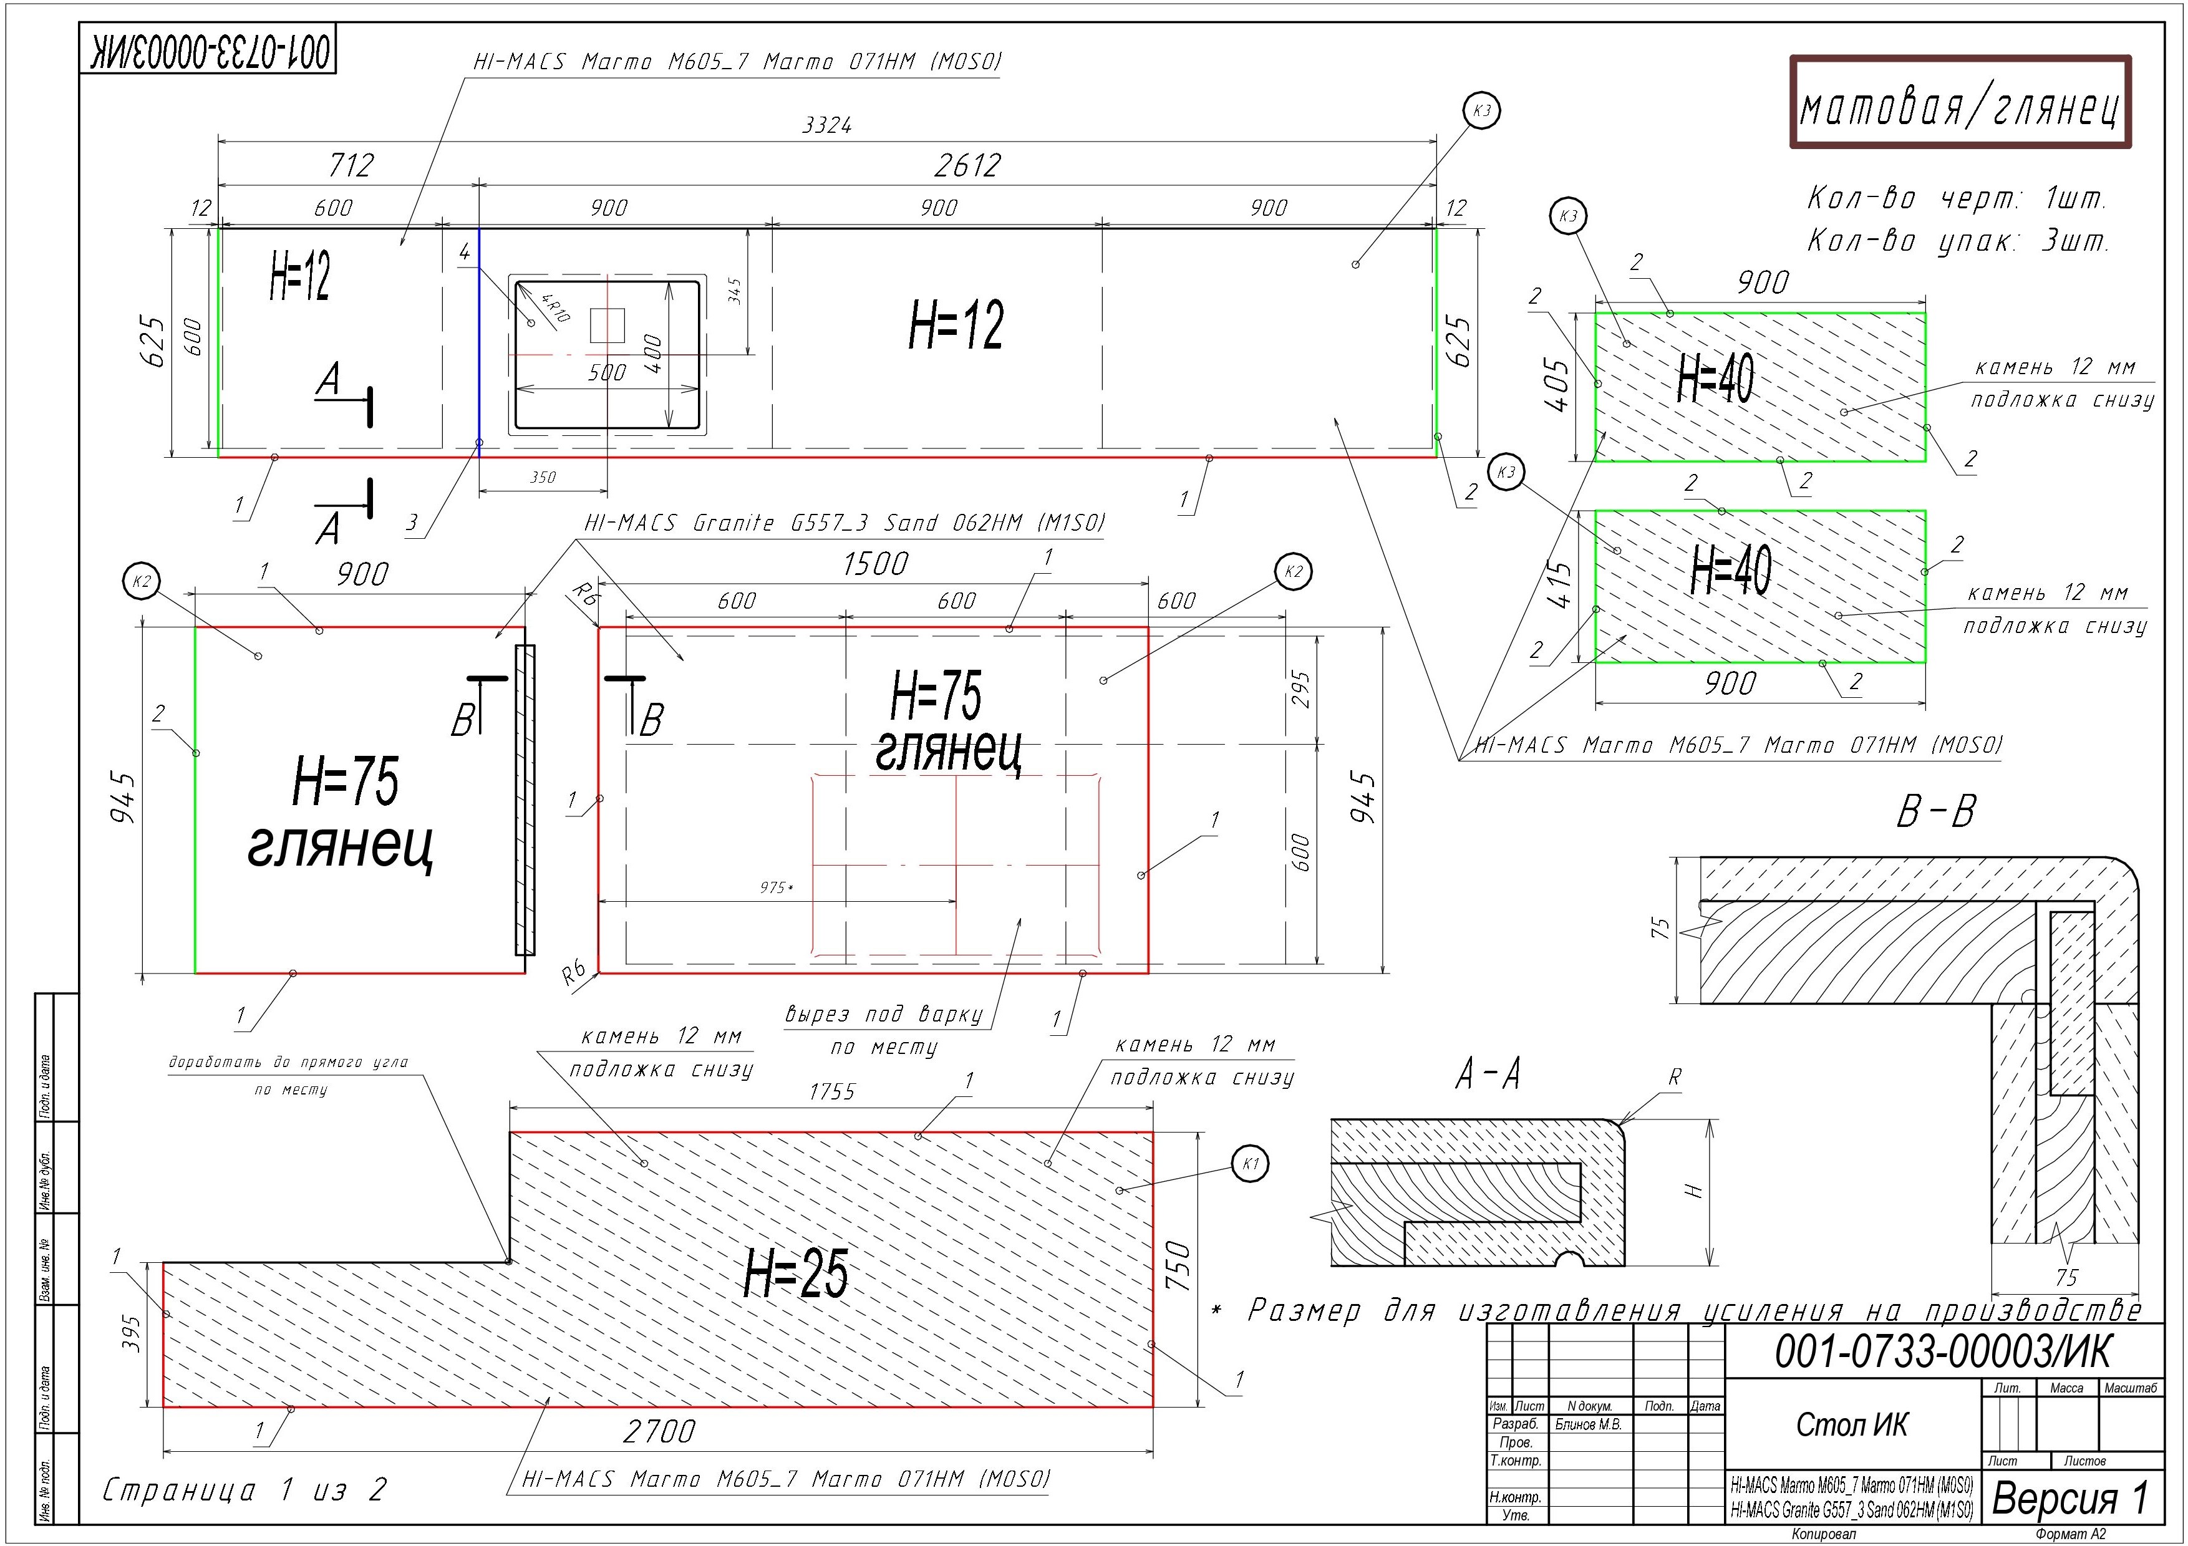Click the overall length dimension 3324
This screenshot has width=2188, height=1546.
click(826, 125)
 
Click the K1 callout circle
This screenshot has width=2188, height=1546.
click(1251, 1163)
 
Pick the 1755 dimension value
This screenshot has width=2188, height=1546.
click(832, 1091)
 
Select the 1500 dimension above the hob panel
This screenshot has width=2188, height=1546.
click(875, 564)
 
